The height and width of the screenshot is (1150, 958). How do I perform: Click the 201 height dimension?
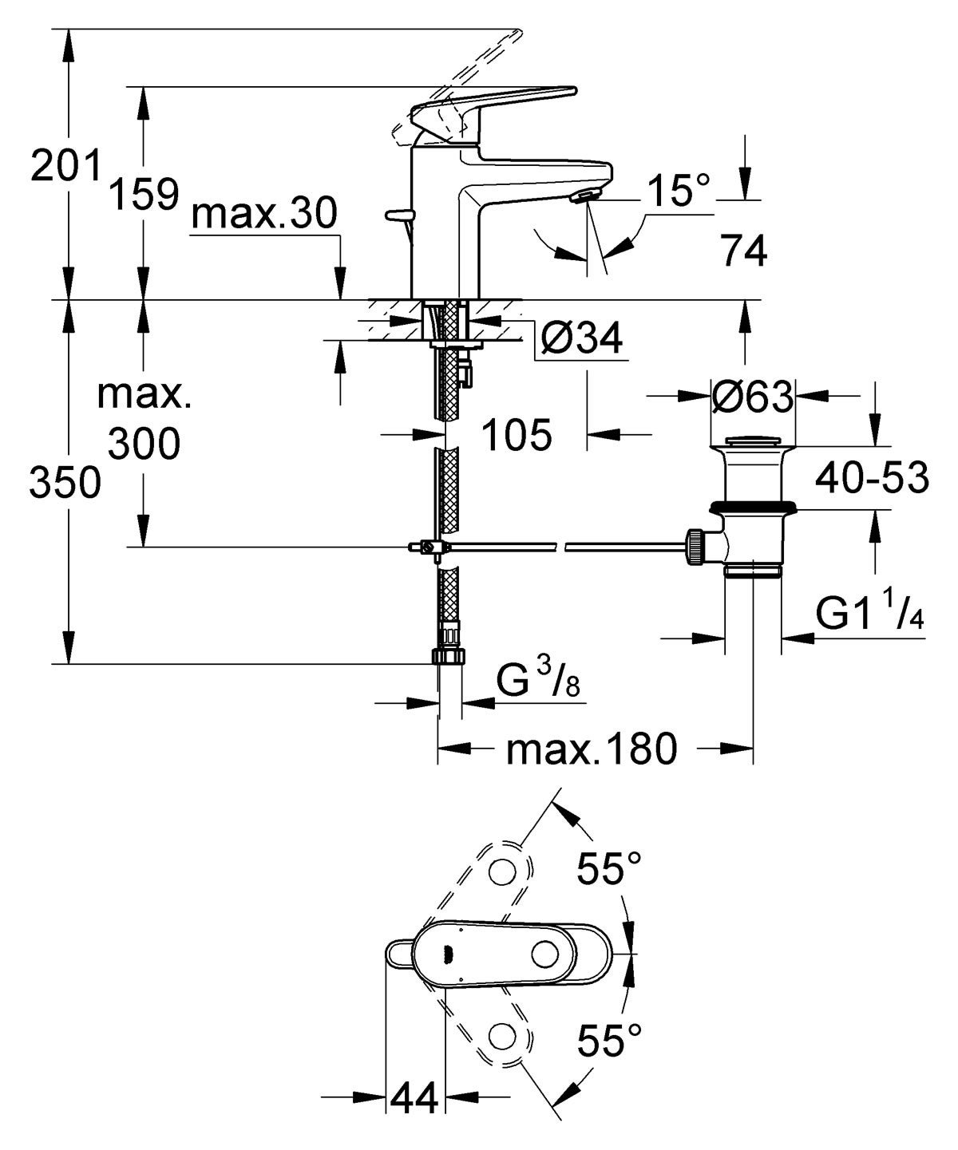(66, 165)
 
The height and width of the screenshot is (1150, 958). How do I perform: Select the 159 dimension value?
(144, 194)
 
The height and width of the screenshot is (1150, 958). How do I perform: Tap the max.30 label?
(265, 214)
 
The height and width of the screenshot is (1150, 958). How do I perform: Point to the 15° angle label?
(678, 192)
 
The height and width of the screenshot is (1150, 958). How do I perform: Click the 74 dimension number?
(744, 252)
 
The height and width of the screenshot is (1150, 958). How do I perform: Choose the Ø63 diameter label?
(753, 396)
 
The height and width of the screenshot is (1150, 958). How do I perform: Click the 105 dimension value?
(517, 435)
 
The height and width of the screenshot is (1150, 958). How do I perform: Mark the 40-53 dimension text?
(872, 478)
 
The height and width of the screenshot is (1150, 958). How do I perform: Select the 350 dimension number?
(65, 483)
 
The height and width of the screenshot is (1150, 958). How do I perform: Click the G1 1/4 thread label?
(869, 614)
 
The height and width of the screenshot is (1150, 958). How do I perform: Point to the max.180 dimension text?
(592, 749)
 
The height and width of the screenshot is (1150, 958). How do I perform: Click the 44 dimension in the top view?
(414, 1100)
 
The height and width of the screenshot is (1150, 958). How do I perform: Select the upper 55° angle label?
(609, 868)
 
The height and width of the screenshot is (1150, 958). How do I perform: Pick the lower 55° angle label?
(609, 1041)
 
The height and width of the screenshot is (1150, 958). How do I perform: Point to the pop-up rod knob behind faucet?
(397, 214)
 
